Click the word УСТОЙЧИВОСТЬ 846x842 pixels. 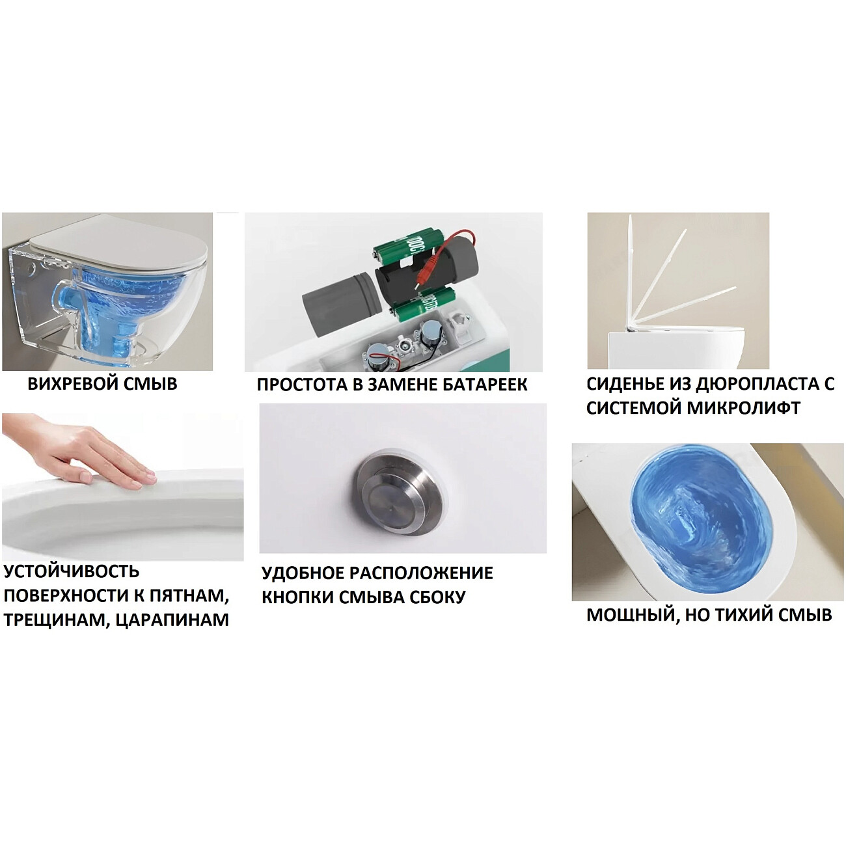point(71,571)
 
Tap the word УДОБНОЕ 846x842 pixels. point(302,573)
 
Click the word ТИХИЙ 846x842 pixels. point(744,615)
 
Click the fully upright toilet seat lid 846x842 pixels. point(629,273)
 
